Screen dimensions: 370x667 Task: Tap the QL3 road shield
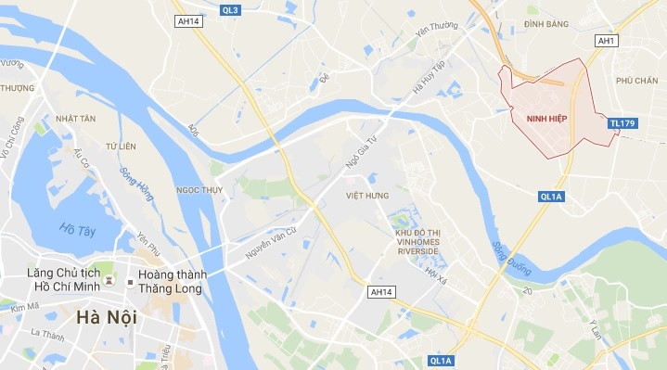click(231, 10)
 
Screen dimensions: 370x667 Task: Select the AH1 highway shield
click(607, 41)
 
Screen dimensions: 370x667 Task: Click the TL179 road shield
click(622, 123)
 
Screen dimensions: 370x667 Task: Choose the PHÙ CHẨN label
click(636, 81)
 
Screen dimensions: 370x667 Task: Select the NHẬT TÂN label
click(76, 119)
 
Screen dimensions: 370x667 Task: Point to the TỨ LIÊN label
click(121, 147)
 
